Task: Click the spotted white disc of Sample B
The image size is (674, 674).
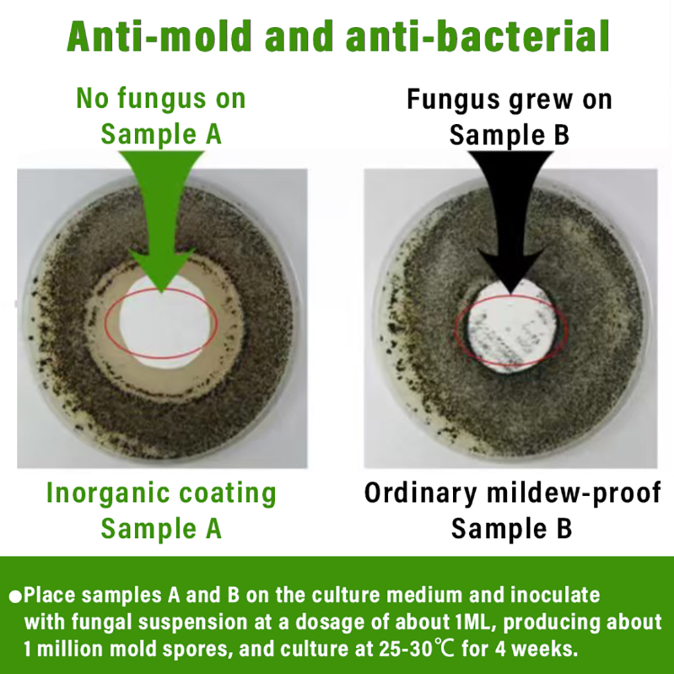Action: point(512,328)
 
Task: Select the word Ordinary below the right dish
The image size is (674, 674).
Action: point(420,493)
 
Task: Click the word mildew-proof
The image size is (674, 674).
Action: point(574,493)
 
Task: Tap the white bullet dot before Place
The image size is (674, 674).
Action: point(15,597)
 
